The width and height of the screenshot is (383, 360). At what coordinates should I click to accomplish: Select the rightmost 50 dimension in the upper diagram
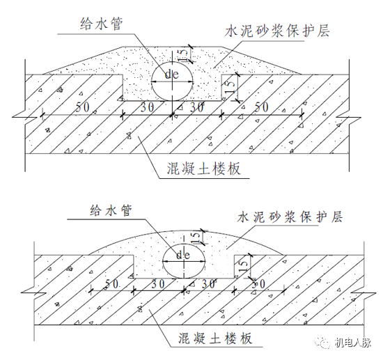click(260, 107)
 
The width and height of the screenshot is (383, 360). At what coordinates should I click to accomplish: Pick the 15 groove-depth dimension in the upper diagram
click(231, 88)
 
